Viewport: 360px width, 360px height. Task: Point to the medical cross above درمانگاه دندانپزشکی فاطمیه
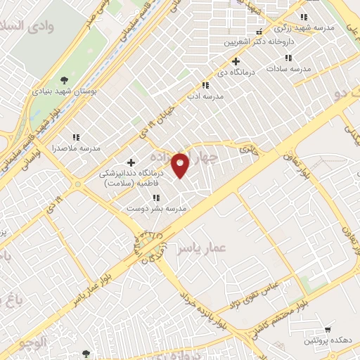pos(131,162)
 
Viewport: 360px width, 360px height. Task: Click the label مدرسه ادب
pos(205,97)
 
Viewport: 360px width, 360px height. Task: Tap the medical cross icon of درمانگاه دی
pos(237,61)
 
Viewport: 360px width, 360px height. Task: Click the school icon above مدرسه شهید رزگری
pos(304,17)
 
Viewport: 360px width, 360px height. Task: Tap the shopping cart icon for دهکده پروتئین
pos(327,329)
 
